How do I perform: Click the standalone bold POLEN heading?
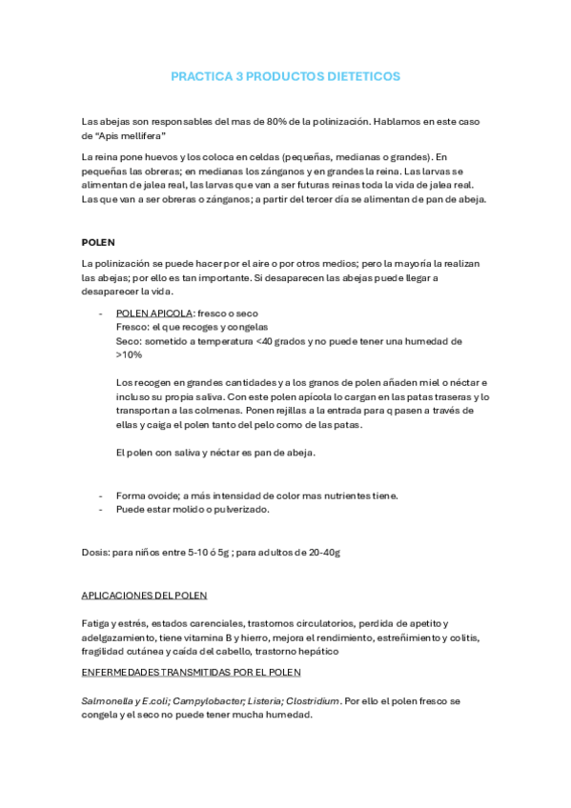(98, 242)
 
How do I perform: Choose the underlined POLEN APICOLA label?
(153, 313)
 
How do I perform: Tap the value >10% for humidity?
(129, 353)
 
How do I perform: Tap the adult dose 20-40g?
(324, 552)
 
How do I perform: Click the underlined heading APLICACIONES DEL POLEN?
(144, 596)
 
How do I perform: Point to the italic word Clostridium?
(312, 700)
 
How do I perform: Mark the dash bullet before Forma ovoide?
(101, 495)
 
